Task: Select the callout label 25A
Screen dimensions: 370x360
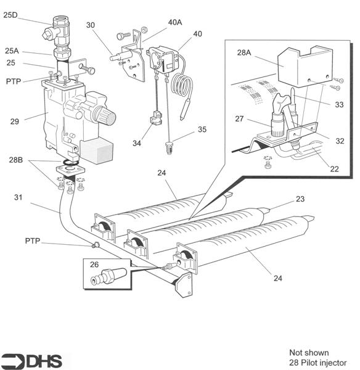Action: [12, 51]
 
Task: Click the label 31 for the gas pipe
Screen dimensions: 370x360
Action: [19, 197]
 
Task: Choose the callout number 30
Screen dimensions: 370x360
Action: [91, 27]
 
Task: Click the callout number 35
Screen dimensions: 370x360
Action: [202, 130]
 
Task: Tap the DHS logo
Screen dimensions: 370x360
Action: [36, 360]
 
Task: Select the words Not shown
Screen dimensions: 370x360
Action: [309, 353]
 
